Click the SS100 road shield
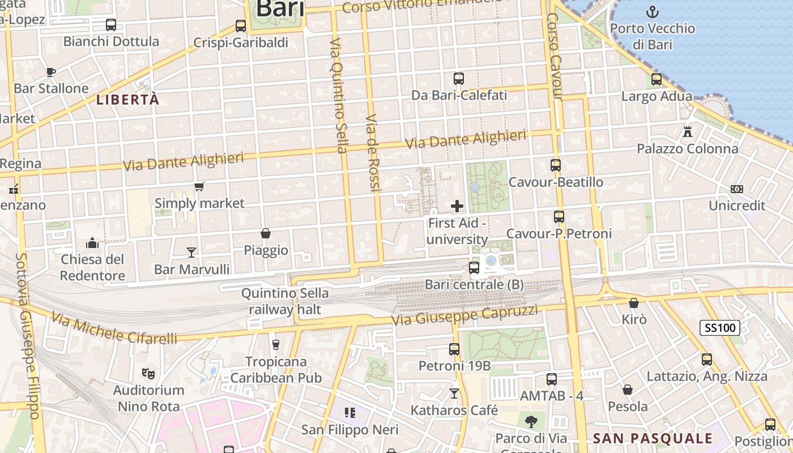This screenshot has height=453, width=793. [x=720, y=327]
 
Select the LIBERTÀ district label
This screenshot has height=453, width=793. [x=127, y=100]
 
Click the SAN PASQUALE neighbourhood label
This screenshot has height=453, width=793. [x=653, y=438]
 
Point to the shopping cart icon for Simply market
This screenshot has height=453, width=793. [x=199, y=187]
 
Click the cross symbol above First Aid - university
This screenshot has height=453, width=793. [x=457, y=206]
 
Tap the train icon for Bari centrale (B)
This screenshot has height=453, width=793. [x=474, y=267]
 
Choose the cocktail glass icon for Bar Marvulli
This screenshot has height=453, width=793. [x=191, y=252]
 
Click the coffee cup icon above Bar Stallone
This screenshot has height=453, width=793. [x=50, y=72]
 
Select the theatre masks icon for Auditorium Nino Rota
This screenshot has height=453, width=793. [x=148, y=373]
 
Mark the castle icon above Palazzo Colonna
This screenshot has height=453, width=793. [x=688, y=132]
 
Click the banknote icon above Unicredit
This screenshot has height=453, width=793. [x=737, y=189]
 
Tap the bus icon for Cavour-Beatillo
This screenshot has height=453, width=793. [x=556, y=165]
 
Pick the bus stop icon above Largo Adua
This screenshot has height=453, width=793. [x=656, y=79]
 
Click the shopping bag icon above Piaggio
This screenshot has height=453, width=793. [x=265, y=233]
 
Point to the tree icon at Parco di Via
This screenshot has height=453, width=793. [x=531, y=421]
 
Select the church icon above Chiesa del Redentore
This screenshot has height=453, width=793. [x=92, y=243]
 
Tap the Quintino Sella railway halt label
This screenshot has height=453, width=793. [x=285, y=301]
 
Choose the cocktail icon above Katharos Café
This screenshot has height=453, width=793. [x=454, y=393]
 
